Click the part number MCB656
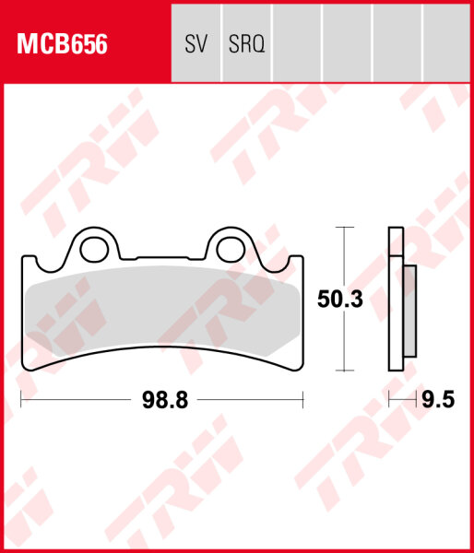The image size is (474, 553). [62, 44]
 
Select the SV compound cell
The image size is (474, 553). [196, 43]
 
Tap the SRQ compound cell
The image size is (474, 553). [246, 43]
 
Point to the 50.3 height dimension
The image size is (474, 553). [340, 299]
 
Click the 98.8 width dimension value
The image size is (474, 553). [165, 400]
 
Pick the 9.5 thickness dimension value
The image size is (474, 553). [438, 400]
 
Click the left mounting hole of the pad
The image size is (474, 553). [94, 250]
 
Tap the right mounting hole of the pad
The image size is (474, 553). [231, 250]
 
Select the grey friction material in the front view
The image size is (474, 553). [163, 311]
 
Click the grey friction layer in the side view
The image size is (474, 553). [409, 312]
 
